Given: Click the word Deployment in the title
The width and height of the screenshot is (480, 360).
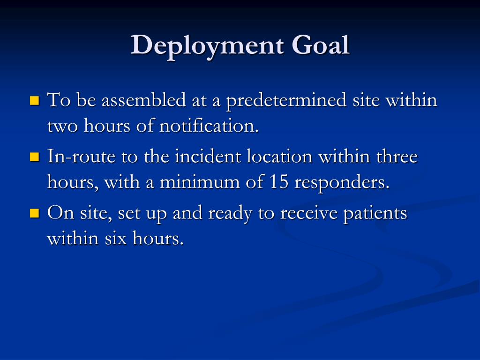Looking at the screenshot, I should (208, 46).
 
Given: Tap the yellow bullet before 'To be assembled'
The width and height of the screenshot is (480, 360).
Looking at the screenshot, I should (34, 100).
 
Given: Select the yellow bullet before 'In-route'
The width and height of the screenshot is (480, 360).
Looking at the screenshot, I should (34, 156).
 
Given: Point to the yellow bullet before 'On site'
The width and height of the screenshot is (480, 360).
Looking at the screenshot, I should (34, 213).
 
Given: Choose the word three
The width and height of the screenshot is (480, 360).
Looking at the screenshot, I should (397, 157).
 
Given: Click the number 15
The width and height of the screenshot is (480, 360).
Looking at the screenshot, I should (279, 182).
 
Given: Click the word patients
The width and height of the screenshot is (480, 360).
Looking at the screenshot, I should (375, 214).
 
